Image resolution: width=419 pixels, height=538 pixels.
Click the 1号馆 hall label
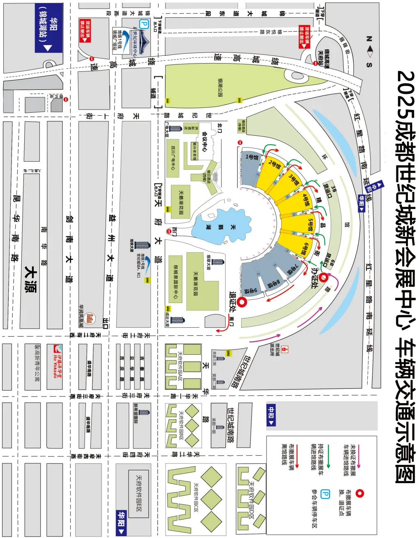[x=252, y=157]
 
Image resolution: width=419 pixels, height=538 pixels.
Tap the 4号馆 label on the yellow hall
[x=305, y=199]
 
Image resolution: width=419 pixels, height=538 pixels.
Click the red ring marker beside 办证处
[x=324, y=278]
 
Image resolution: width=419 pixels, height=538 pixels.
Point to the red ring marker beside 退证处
[x=242, y=303]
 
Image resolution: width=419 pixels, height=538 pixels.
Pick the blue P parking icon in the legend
[x=325, y=494]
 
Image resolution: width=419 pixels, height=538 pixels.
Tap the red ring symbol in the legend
[x=360, y=493]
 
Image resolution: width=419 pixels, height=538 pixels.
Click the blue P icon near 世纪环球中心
[x=144, y=24]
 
